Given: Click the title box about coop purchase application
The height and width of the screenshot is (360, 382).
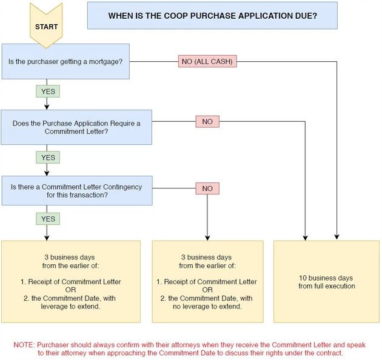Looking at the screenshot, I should (x=212, y=15).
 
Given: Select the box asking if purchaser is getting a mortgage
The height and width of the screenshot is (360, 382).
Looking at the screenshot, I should (x=65, y=61).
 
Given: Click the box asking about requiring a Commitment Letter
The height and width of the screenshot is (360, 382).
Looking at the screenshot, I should (x=76, y=127).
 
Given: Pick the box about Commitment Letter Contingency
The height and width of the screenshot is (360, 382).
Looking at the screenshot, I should (x=76, y=191).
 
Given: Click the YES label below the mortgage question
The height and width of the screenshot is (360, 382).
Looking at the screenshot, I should (x=47, y=92).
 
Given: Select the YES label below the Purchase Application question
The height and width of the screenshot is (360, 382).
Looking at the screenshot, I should (x=47, y=158).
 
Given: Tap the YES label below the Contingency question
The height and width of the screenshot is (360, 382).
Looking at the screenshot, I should (x=47, y=219).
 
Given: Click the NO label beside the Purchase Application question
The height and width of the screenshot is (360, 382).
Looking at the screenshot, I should (x=207, y=122).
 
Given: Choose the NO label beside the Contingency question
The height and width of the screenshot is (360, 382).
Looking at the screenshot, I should (x=207, y=188).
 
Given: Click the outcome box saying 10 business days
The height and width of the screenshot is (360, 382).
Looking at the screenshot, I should (x=327, y=281).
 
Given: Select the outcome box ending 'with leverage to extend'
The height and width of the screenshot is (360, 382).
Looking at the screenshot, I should (x=70, y=281).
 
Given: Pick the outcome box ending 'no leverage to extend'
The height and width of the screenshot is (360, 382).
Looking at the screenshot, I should (x=207, y=281).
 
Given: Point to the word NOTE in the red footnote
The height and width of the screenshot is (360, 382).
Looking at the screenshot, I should (x=24, y=344).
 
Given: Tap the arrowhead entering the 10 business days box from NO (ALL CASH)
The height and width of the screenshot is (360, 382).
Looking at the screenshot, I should (x=337, y=237).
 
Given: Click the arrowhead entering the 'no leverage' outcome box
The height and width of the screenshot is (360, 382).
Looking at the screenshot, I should (x=207, y=237).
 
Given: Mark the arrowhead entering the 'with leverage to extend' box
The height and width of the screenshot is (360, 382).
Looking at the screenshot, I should (x=47, y=237).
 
